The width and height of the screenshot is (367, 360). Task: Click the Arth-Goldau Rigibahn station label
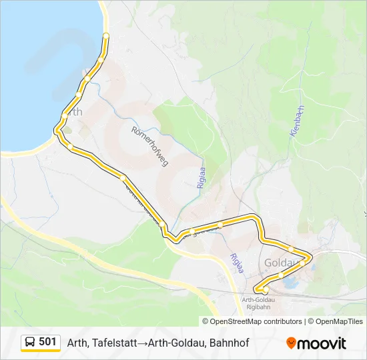pyautogui.click(x=258, y=304)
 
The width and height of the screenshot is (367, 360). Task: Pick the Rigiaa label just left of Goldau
pyautogui.click(x=236, y=264)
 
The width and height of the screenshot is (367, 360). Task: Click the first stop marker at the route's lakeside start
pyautogui.click(x=105, y=35)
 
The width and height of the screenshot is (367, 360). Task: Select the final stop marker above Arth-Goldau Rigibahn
pyautogui.click(x=265, y=291)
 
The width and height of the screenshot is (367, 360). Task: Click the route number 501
pyautogui.click(x=47, y=342)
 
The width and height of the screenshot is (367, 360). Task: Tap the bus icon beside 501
pyautogui.click(x=31, y=343)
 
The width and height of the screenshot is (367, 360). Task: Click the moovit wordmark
pyautogui.click(x=322, y=343)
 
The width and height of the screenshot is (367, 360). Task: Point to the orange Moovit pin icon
pyautogui.click(x=290, y=343)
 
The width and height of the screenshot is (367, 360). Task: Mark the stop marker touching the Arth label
pyautogui.click(x=65, y=115)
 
